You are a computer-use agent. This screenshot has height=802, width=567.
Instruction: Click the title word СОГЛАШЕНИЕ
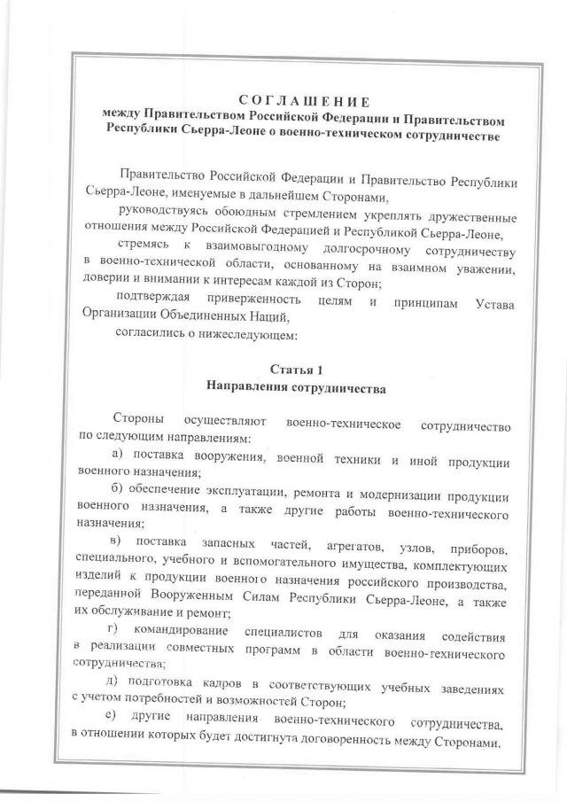[304, 99]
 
